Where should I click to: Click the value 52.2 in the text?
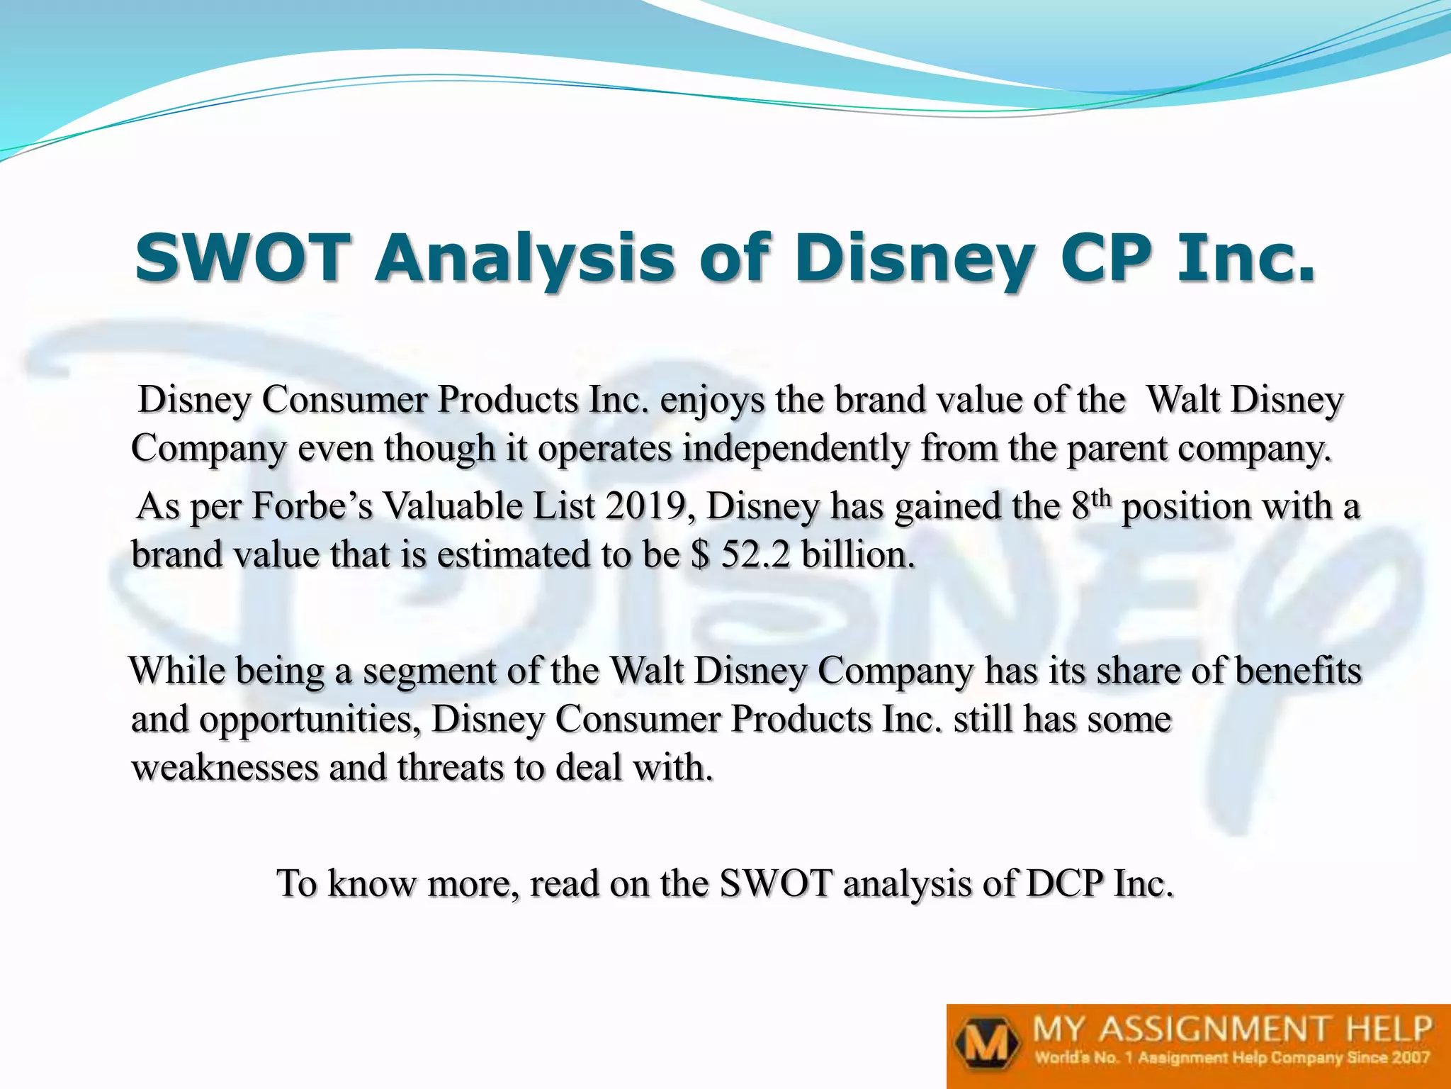point(755,554)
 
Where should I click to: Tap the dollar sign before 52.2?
point(700,554)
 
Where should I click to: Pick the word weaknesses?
point(225,767)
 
